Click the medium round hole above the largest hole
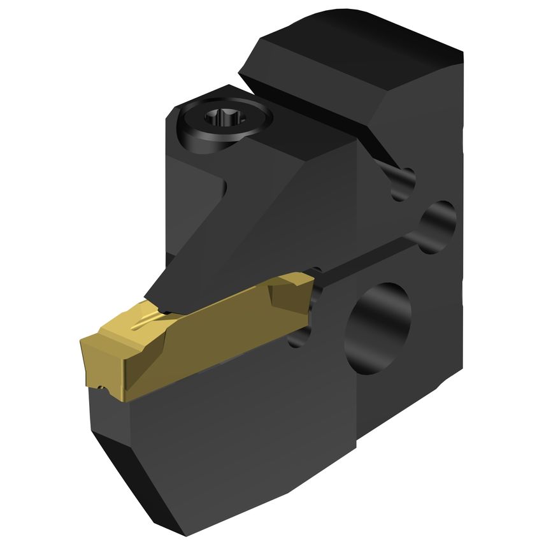440,223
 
